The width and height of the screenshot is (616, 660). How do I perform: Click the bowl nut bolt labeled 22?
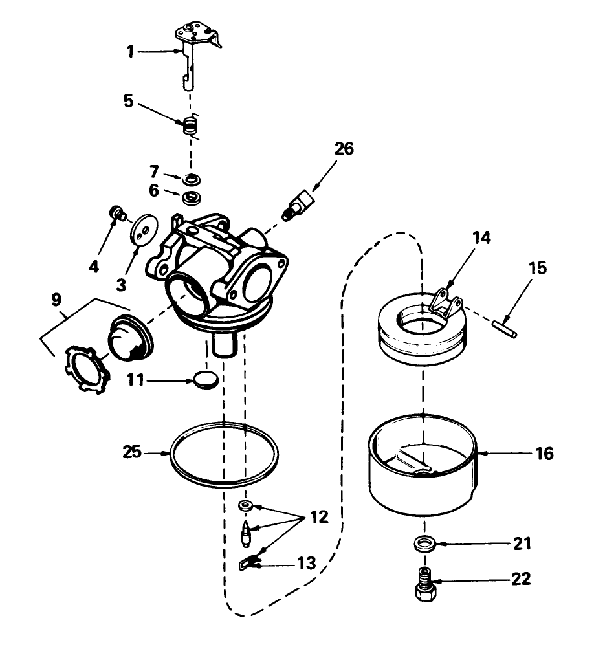point(425,582)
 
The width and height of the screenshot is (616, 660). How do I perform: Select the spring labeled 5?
point(190,123)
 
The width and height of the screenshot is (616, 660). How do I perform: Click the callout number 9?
point(56,300)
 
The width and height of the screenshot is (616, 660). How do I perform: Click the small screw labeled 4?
point(116,213)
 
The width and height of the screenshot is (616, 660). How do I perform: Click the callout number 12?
point(319,517)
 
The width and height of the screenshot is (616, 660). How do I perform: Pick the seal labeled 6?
point(190,197)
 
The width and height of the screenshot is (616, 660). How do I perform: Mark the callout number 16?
point(544,454)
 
